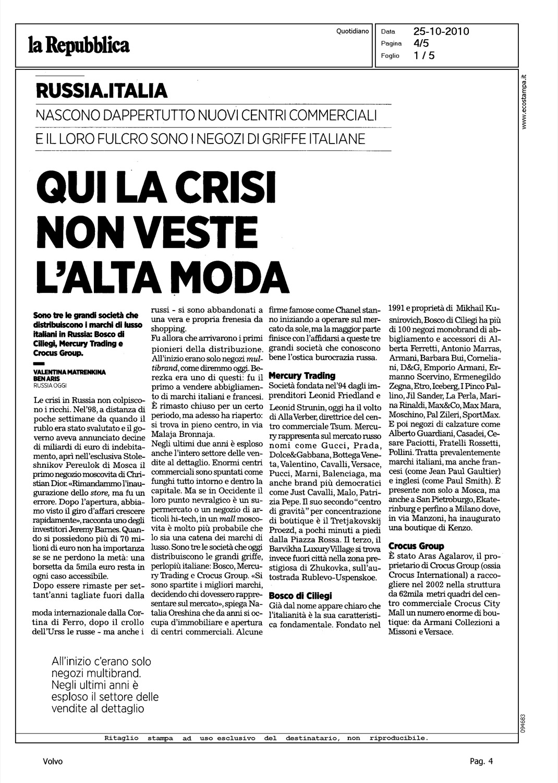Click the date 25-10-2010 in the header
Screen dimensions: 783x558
pos(441,31)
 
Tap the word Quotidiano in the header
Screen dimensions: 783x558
pos(353,31)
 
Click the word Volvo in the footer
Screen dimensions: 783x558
pos(53,762)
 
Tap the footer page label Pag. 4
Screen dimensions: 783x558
pos(481,762)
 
